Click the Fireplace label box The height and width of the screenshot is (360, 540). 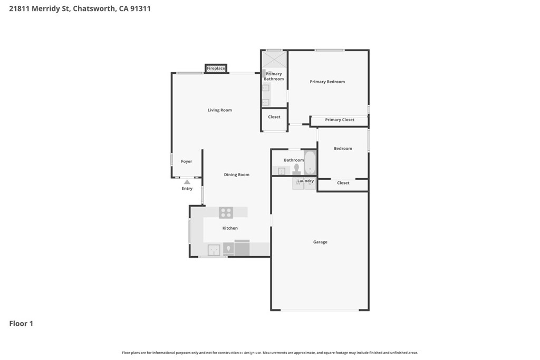coord(216,69)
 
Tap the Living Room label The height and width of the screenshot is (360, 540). coord(220,110)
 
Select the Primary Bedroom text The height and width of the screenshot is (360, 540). coord(327,82)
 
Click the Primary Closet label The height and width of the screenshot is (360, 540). coord(340,120)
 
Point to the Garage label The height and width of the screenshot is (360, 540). coord(320,242)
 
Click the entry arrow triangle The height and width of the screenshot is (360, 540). coord(187,182)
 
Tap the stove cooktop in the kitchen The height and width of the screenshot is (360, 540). coord(226,212)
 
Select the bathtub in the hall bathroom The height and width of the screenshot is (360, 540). coord(310,162)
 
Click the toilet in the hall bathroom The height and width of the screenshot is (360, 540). coord(296,169)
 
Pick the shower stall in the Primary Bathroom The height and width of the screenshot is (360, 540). coord(274,59)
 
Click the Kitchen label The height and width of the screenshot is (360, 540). coord(230,228)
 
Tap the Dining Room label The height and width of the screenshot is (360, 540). coord(237,174)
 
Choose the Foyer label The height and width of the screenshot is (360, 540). coord(187,161)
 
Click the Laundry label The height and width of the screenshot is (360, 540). coord(305,181)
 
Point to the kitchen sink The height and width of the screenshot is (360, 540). coord(214,250)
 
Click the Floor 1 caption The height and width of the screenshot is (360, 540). coord(21,324)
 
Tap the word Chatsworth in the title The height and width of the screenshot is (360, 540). coord(94,8)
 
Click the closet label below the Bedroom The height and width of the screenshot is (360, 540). coord(343,183)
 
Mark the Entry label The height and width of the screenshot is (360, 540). coord(187,189)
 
